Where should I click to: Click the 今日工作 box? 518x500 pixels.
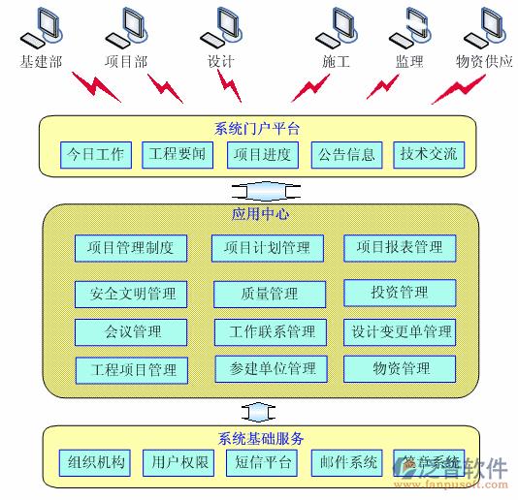96,154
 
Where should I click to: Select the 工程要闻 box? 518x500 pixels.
178,154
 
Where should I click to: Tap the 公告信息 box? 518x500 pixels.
346,154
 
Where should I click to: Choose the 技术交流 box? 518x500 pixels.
429,154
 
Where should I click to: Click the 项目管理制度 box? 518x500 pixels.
131,248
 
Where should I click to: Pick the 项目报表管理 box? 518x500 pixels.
400,248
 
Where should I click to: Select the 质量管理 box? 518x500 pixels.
269,294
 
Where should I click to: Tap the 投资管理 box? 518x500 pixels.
400,293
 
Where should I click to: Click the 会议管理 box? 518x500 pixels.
132,332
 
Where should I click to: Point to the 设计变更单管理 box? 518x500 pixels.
400,332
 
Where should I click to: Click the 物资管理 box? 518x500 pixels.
400,369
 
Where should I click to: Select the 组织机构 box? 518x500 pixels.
93,463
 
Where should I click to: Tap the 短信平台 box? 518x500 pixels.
262,463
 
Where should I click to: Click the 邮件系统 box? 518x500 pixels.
345,463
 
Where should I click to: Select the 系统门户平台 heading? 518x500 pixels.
257,128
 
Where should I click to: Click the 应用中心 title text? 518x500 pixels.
260,214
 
